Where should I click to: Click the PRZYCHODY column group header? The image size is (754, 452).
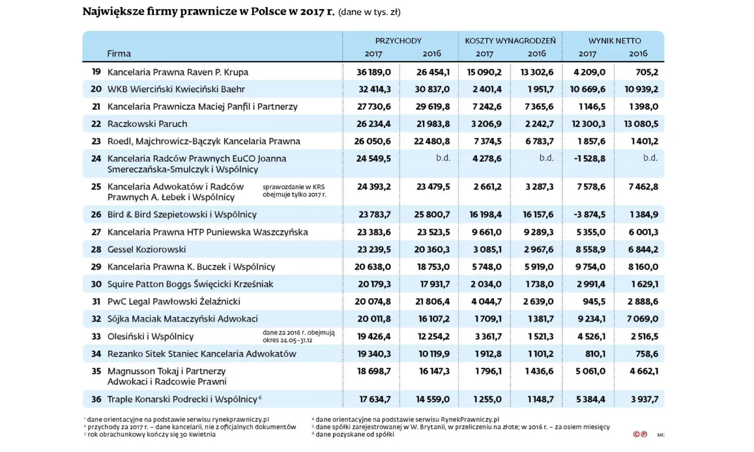click(398, 40)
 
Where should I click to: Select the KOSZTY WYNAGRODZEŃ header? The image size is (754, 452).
click(510, 40)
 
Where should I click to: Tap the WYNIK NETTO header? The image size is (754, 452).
click(615, 40)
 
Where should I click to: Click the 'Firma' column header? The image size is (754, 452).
click(118, 53)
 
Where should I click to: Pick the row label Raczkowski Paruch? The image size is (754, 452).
click(147, 124)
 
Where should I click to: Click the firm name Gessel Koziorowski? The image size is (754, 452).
click(146, 249)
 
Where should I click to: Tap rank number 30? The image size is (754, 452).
click(96, 284)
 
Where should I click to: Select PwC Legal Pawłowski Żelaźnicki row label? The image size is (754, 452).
click(173, 302)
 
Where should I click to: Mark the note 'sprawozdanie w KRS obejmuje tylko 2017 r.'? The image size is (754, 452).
click(294, 190)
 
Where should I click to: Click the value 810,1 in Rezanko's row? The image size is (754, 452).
click(593, 354)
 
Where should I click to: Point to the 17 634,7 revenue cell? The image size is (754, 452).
click(375, 399)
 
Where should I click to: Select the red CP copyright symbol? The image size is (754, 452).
click(640, 434)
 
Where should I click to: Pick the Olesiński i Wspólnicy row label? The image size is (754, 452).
click(150, 337)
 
